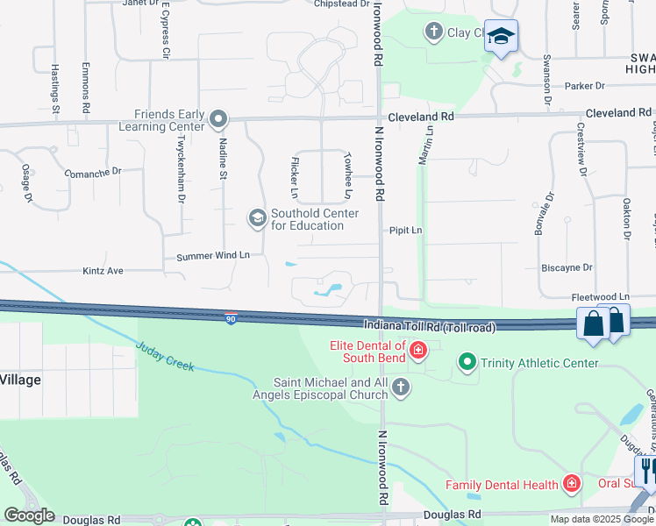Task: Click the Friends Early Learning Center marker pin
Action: tap(219, 119)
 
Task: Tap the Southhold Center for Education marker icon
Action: tap(257, 218)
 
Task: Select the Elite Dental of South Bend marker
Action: tap(418, 352)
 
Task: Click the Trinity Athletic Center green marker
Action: tap(467, 361)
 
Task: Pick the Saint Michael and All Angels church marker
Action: tap(401, 387)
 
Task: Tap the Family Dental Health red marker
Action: tap(572, 484)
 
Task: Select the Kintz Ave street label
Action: tap(103, 272)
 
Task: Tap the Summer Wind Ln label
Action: tap(213, 256)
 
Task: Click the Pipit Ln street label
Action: tap(406, 231)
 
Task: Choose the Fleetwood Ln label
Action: tap(601, 297)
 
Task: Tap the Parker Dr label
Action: tap(585, 86)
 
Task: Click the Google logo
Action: tap(29, 515)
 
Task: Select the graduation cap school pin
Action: tap(501, 37)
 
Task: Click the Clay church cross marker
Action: tap(433, 32)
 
